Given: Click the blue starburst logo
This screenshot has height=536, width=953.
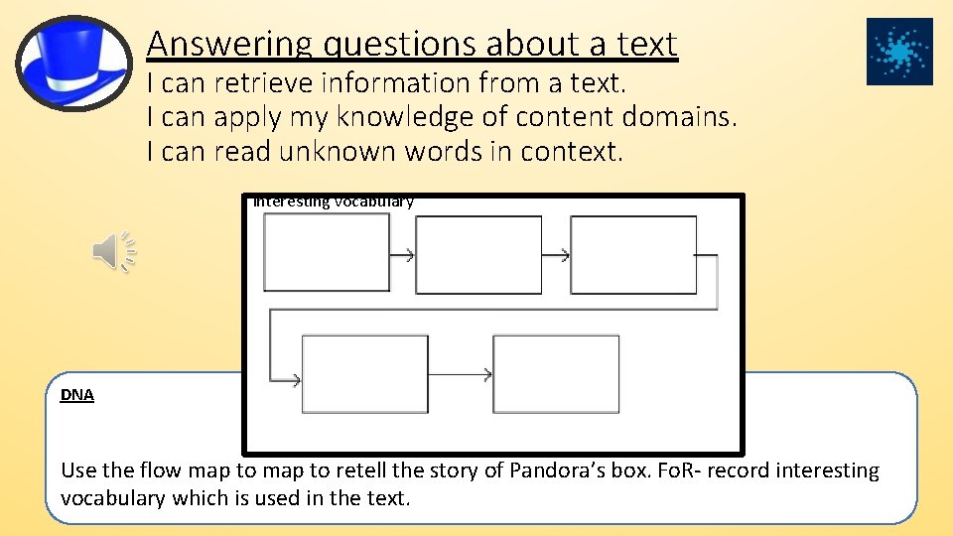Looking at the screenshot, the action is [899, 52].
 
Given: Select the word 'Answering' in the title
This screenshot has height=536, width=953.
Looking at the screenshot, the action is [228, 44].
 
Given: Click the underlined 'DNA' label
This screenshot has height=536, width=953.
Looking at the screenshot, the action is [77, 395].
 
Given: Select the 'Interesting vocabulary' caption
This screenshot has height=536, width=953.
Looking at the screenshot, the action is [334, 201].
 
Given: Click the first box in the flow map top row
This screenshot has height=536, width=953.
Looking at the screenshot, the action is [327, 253].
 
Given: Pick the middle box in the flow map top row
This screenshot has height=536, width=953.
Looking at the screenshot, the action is [478, 255].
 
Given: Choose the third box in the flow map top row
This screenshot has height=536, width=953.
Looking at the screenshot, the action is [633, 255].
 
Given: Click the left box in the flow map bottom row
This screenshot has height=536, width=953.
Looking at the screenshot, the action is [364, 374].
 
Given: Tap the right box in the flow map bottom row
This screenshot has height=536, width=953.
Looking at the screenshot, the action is [556, 374].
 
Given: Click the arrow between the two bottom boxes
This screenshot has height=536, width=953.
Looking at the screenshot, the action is [461, 374].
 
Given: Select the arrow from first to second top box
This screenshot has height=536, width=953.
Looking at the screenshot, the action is [402, 255].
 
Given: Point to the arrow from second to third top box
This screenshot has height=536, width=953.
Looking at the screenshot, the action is [556, 255].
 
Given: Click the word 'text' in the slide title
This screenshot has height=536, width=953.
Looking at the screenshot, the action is [644, 44].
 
